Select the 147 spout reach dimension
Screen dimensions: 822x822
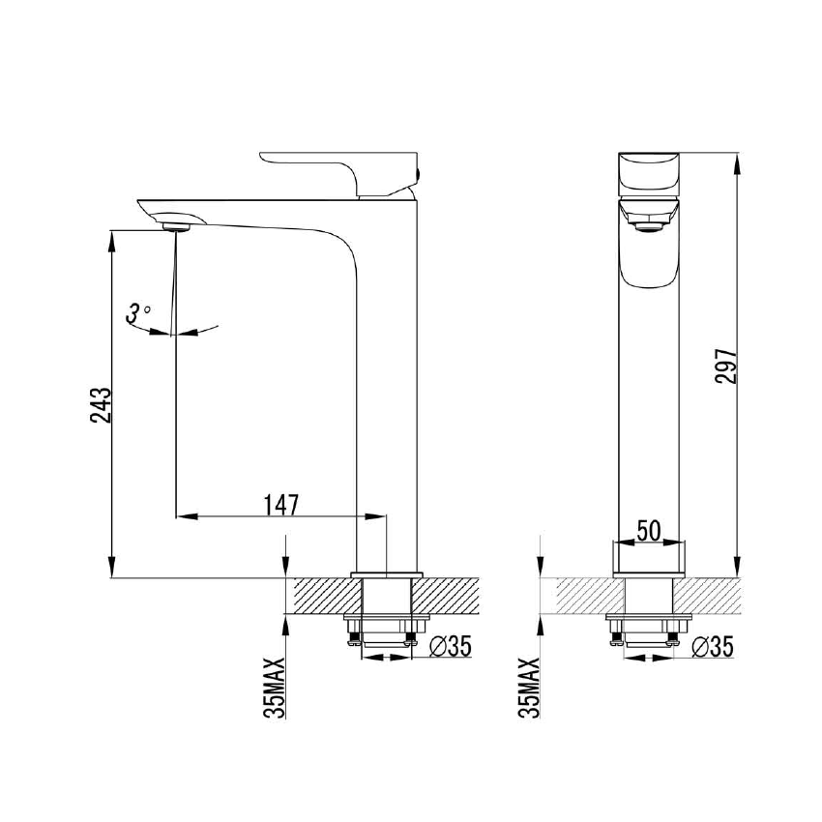pyautogui.click(x=280, y=503)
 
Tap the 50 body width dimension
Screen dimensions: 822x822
pyautogui.click(x=649, y=530)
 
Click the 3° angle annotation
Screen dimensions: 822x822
pyautogui.click(x=138, y=311)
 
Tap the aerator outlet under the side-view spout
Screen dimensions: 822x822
pyautogui.click(x=178, y=226)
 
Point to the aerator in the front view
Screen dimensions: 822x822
pyautogui.click(x=648, y=227)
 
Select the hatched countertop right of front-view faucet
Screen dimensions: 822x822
pyautogui.click(x=711, y=596)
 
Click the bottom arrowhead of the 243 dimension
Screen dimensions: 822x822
pyautogui.click(x=112, y=571)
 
